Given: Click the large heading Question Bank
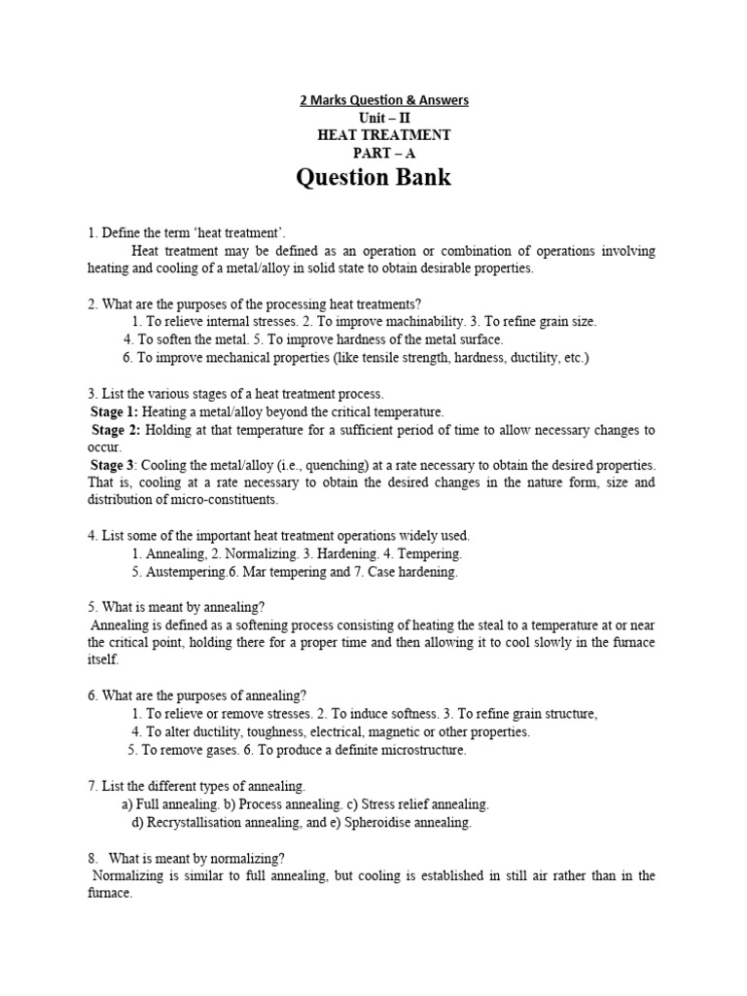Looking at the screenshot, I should tap(373, 178).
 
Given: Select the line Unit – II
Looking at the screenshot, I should tap(373, 118).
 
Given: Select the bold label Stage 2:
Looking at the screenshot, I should tap(117, 429).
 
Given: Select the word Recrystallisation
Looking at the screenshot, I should tap(201, 822).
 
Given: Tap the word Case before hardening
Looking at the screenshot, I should tap(374, 572).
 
